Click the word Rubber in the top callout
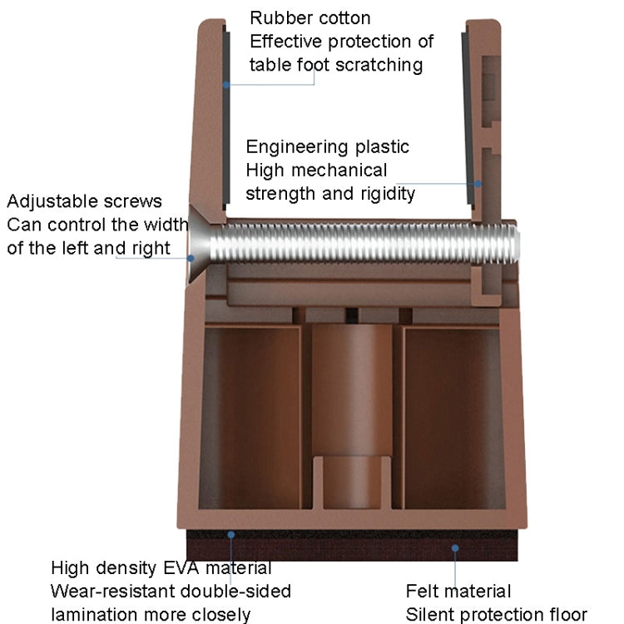[275, 18]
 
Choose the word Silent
[429, 615]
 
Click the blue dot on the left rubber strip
[226, 85]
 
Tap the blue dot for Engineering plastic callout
[478, 184]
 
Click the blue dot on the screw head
[191, 258]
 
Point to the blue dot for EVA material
[230, 535]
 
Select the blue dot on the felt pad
[455, 548]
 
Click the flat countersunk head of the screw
[198, 244]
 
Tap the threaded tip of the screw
[514, 244]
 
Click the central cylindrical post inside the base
[352, 416]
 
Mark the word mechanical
[339, 171]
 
